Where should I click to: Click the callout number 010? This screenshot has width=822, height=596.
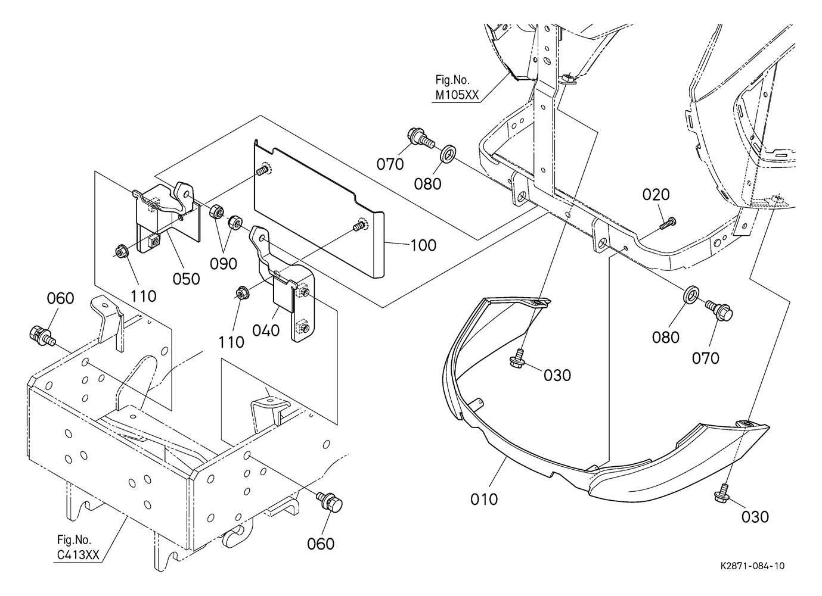(x=484, y=499)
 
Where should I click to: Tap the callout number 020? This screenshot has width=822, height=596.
(x=656, y=194)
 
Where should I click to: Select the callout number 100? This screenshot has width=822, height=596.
(x=423, y=245)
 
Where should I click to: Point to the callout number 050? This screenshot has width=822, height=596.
(x=187, y=279)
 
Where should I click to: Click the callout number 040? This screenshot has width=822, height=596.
(x=266, y=330)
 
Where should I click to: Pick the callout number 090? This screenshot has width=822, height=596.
(x=224, y=264)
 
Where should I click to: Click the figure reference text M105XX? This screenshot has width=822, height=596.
(x=457, y=95)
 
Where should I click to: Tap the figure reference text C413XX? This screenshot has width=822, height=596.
(x=78, y=555)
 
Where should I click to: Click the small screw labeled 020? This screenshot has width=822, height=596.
(x=668, y=223)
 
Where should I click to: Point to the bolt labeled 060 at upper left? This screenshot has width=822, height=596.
(x=42, y=334)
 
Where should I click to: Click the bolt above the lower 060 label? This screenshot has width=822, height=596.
(x=329, y=501)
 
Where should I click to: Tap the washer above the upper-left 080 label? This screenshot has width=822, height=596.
(x=447, y=154)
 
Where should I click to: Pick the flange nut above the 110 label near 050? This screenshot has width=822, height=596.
(x=121, y=252)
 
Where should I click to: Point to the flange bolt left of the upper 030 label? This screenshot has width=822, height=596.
(x=517, y=358)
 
